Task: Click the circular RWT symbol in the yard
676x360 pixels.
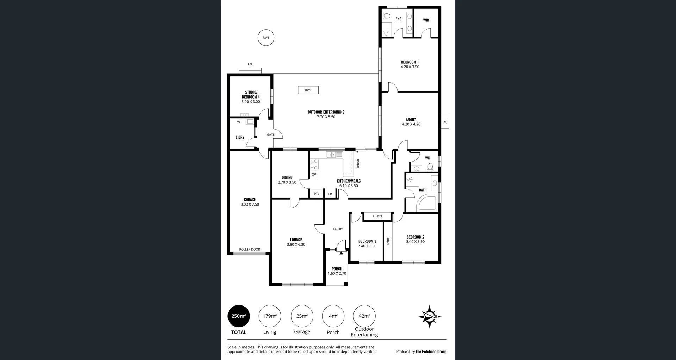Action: (266, 38)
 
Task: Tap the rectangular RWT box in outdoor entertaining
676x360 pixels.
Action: (308, 90)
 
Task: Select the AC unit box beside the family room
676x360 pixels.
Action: (445, 122)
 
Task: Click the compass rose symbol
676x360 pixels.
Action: (430, 317)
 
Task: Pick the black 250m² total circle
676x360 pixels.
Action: (239, 316)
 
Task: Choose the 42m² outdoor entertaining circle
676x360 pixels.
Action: (364, 316)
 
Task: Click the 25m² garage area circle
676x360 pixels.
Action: (302, 316)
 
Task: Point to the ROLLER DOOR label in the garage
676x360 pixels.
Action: (250, 249)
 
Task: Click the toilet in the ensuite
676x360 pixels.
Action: (387, 16)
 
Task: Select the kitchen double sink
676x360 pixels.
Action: (334, 154)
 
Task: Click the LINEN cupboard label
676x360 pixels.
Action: (377, 216)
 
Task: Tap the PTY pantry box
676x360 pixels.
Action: (317, 194)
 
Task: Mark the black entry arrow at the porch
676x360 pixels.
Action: (341, 253)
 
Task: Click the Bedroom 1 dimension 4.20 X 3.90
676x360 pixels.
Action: (410, 67)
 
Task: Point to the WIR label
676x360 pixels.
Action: (426, 20)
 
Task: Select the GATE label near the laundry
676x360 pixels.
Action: (270, 135)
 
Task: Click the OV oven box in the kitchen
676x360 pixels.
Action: (314, 174)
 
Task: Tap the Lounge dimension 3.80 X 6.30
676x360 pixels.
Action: (296, 245)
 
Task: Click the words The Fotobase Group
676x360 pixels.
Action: (431, 352)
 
